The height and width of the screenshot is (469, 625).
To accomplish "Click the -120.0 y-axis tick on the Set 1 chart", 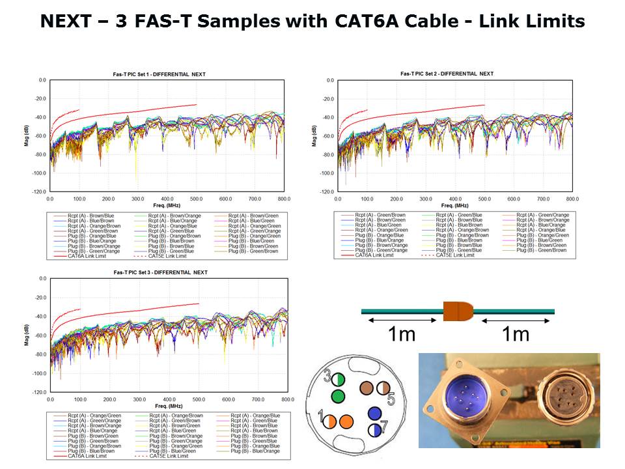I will pyautogui.click(x=40, y=192).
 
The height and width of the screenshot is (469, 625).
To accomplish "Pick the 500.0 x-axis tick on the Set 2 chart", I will pyautogui.click(x=484, y=198).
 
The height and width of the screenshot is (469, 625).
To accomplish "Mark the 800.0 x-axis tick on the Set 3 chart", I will pyautogui.click(x=286, y=399).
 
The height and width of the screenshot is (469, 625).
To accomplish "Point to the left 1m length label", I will pyautogui.click(x=402, y=334).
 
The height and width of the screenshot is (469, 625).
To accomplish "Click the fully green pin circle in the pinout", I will pyautogui.click(x=338, y=396).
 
